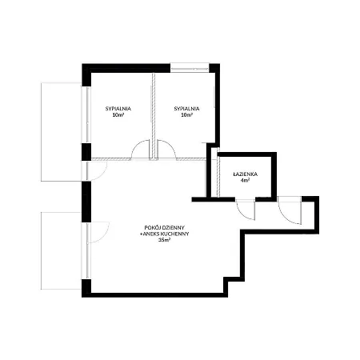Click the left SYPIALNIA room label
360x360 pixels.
[x=118, y=109]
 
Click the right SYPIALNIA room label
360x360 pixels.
[x=186, y=109]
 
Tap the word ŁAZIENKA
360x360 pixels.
[x=246, y=174]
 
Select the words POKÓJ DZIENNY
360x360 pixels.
[x=165, y=228]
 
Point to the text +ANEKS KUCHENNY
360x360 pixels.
[x=165, y=234]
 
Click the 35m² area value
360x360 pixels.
[x=165, y=240]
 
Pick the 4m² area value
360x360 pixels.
[x=246, y=181]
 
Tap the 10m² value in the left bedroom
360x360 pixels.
[x=118, y=115]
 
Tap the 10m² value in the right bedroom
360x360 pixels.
[x=186, y=115]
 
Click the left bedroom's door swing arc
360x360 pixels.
[x=137, y=145]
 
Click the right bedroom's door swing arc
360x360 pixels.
[x=170, y=145]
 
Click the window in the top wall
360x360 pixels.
[x=190, y=68]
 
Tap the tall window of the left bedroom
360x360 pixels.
[x=86, y=114]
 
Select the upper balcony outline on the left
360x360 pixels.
[x=61, y=132]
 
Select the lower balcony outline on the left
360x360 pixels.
[x=61, y=250]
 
